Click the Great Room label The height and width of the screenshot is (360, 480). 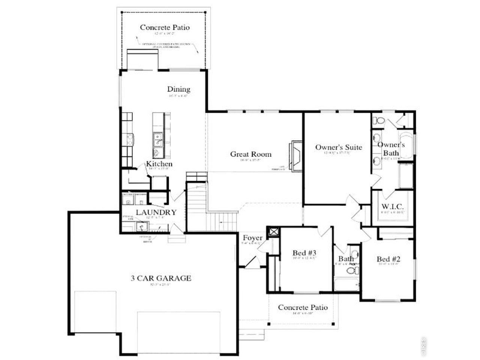(250, 154)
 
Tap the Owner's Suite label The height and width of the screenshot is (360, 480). (338, 147)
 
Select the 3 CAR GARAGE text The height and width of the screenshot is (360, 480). (161, 278)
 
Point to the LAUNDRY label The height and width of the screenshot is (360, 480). (156, 213)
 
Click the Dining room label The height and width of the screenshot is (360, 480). (178, 89)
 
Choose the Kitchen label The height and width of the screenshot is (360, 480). (159, 164)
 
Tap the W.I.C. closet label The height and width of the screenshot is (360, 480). (392, 207)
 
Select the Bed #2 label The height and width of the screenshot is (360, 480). (388, 259)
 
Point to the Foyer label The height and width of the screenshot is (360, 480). (252, 238)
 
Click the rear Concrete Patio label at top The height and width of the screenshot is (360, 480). (165, 27)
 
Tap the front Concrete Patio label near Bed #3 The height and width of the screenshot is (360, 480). (303, 307)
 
